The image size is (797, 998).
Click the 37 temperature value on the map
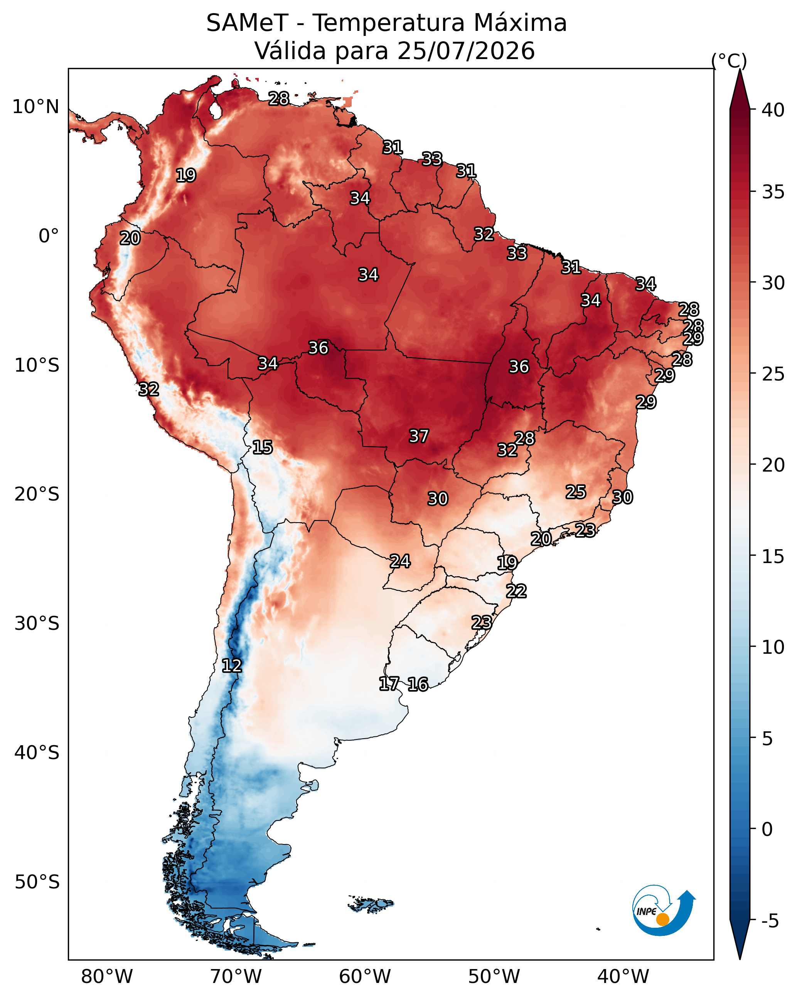click(419, 436)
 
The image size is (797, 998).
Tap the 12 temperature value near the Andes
click(232, 665)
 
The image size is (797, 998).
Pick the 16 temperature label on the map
click(418, 684)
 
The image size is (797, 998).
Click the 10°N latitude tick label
click(35, 107)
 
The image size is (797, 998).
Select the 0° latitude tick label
click(49, 236)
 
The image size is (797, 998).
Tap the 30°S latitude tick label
click(37, 624)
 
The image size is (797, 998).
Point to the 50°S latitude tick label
click(37, 882)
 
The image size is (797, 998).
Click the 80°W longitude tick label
click(107, 976)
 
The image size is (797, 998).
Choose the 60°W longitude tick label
click(365, 976)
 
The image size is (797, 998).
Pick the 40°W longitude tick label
click(623, 976)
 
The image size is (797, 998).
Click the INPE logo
click(664, 910)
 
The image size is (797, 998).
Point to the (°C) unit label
click(729, 61)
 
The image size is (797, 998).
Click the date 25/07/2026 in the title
click(466, 51)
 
